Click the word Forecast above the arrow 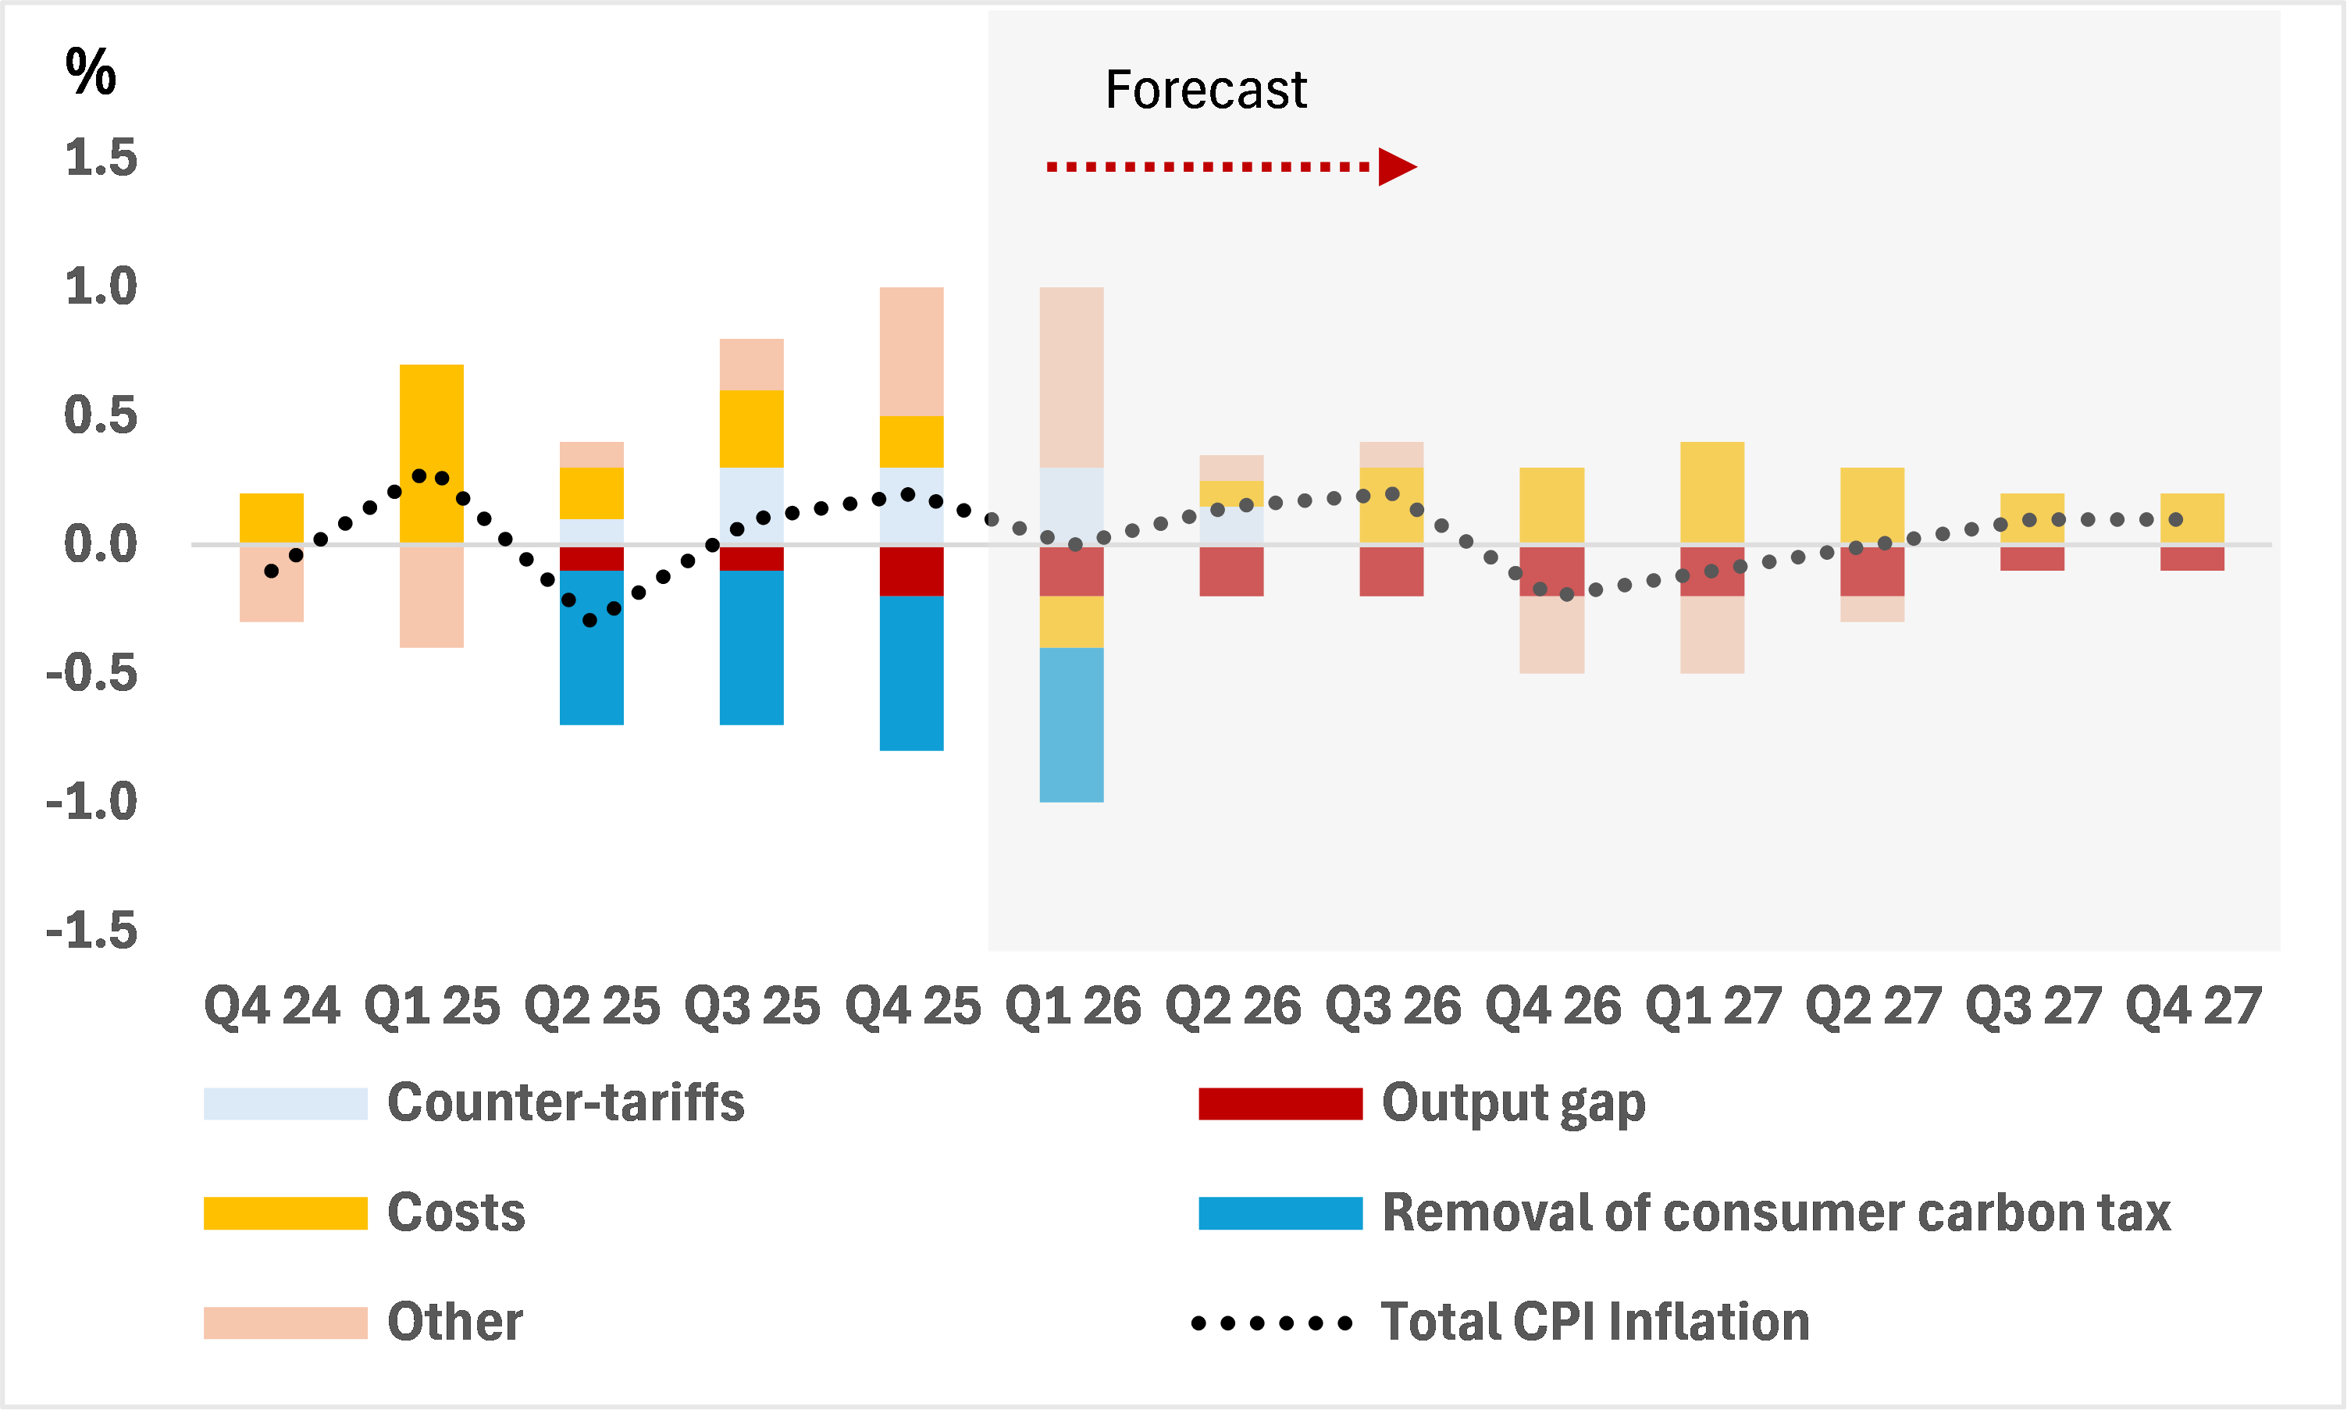tap(1205, 91)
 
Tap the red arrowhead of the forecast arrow tap(1396, 167)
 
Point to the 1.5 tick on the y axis tap(101, 158)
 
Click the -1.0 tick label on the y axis tap(92, 802)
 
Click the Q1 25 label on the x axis tap(432, 1006)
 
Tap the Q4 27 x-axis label tap(2192, 1006)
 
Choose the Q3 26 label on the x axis tap(1392, 1006)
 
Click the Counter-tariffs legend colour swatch tap(285, 1104)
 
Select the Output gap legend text tap(1512, 1104)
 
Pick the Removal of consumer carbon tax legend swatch tap(1280, 1213)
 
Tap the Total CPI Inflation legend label tap(1594, 1323)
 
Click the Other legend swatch tap(285, 1323)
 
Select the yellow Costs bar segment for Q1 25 tap(432, 453)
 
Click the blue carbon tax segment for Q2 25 tap(591, 648)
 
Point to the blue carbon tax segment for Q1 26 tap(1071, 725)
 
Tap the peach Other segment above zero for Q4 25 tap(911, 351)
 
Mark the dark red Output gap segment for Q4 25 tap(911, 570)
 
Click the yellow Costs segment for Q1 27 tap(1711, 492)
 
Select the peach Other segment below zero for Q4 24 tap(271, 583)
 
